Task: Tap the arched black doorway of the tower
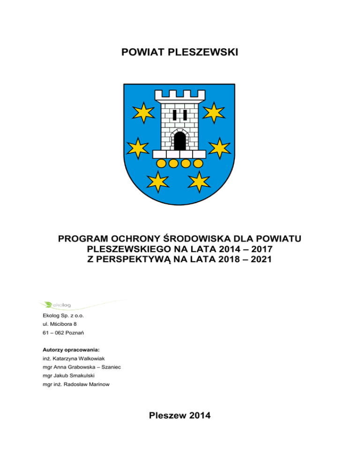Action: tap(179, 141)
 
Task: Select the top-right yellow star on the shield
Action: tap(214, 112)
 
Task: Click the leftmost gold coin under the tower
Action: tap(161, 163)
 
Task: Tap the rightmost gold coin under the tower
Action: tap(198, 163)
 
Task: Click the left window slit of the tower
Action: tap(174, 115)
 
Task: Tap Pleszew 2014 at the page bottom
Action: tap(180, 415)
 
